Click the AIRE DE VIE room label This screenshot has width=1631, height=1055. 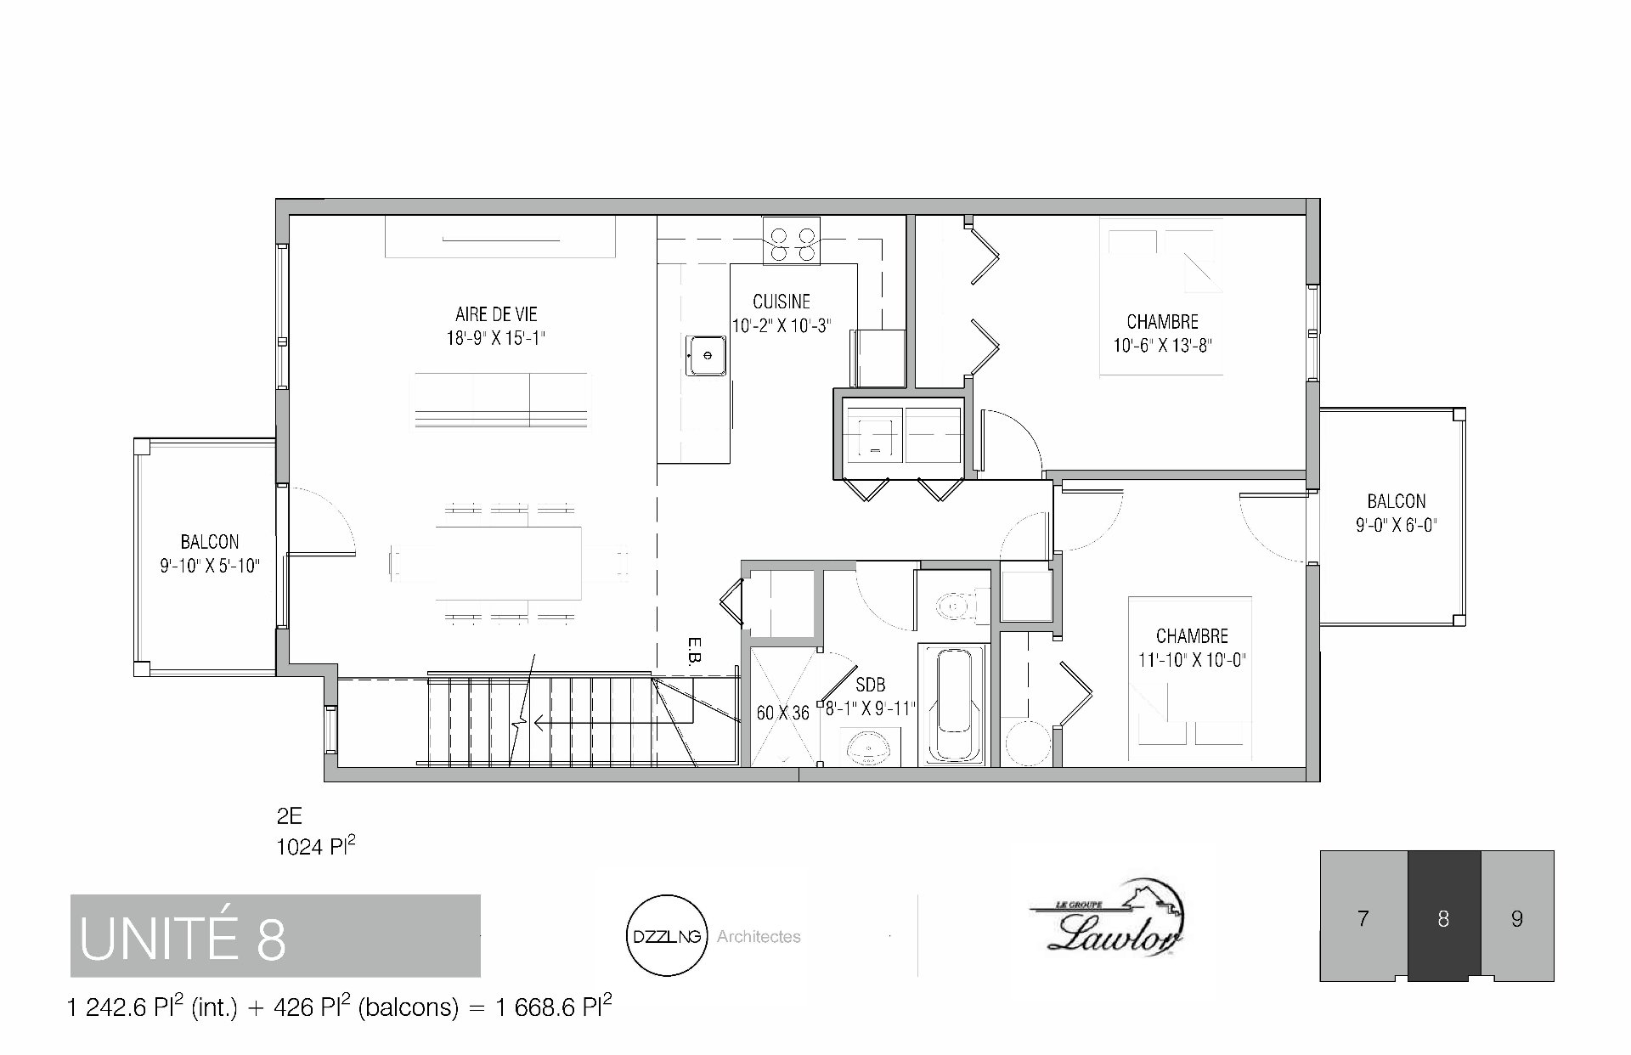pos(496,314)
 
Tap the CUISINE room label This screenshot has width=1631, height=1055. pos(782,302)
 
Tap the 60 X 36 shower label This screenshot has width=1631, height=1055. pos(783,714)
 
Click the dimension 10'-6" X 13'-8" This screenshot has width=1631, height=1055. pos(1162,346)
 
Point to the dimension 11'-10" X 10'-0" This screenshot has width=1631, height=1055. pos(1193,660)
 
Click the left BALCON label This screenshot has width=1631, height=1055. pos(210,542)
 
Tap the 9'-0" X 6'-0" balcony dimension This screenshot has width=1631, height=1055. pos(1397,526)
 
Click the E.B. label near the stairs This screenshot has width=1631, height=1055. pos(693,651)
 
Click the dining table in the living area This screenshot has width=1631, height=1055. pos(509,562)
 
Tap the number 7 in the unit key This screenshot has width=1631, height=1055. pos(1363,918)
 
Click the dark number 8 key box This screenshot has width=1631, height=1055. pos(1444,916)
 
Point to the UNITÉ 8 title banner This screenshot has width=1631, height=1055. pos(275,935)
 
